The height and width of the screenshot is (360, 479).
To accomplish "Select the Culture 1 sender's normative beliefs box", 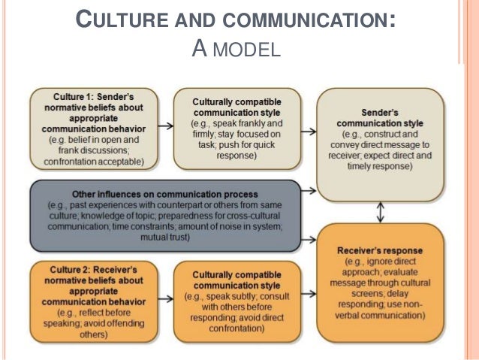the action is (94, 129).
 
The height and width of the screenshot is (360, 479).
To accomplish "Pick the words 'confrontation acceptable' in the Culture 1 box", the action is (94, 160).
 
